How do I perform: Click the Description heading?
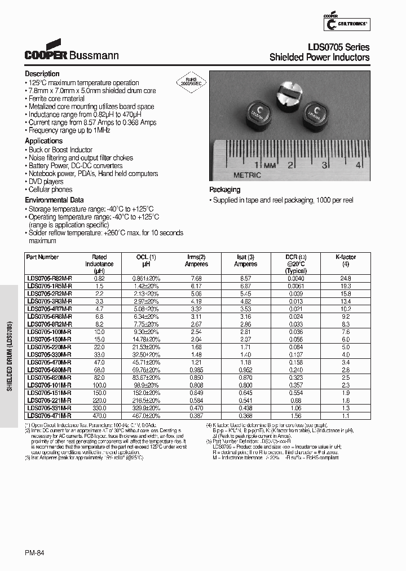(42, 74)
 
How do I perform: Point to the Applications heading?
(44, 141)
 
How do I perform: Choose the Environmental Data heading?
(54, 200)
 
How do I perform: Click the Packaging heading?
(224, 190)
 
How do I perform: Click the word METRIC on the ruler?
(248, 175)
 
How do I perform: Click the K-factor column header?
(345, 260)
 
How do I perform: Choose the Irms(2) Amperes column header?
(196, 260)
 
